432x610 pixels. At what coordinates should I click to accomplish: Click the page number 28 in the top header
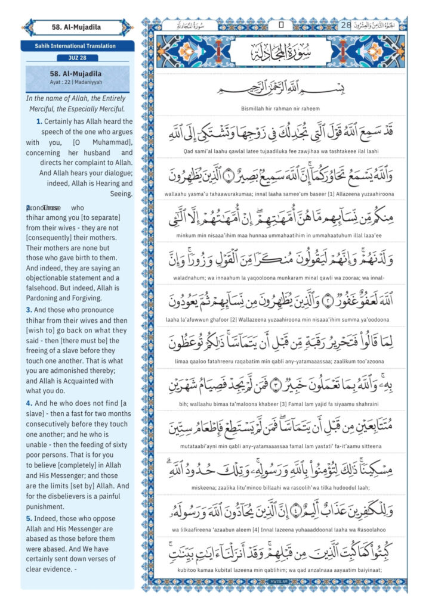[x=346, y=25]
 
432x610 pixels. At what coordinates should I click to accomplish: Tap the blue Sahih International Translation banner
[x=77, y=46]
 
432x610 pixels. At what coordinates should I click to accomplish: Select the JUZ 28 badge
[x=77, y=58]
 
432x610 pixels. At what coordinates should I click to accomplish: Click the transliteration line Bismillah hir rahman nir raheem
[x=280, y=108]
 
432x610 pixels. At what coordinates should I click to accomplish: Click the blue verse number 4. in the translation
[x=29, y=403]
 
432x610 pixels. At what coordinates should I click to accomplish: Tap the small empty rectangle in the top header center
[x=280, y=26]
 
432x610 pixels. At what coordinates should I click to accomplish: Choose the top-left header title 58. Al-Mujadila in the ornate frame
[x=77, y=27]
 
